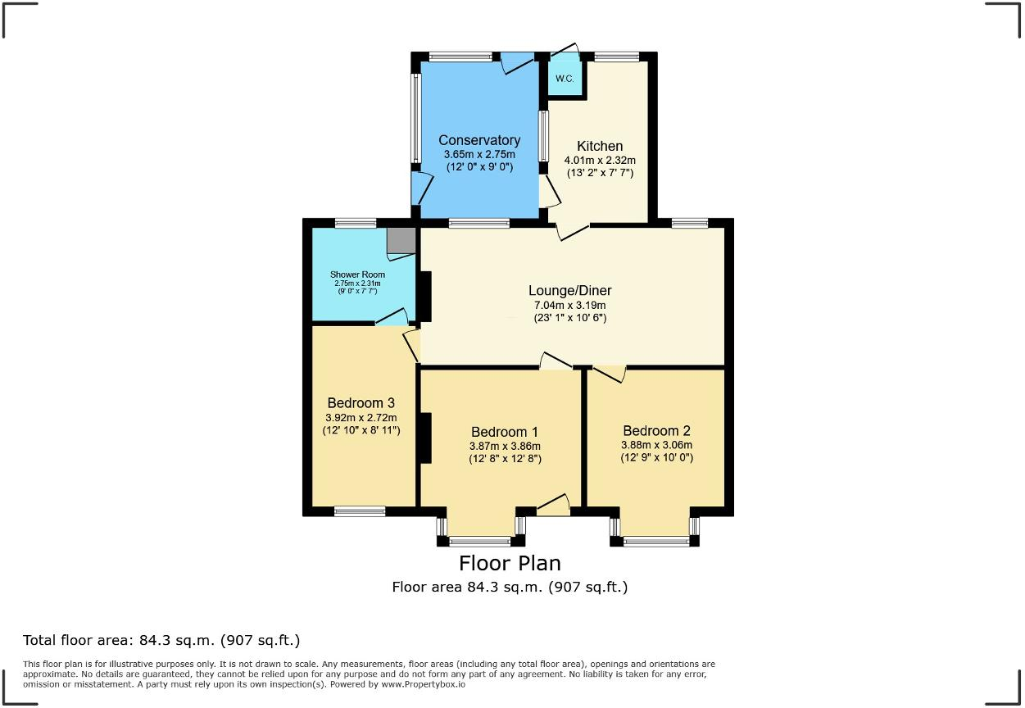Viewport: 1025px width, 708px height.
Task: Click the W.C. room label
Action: click(x=565, y=79)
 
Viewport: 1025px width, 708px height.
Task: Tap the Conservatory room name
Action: click(x=479, y=140)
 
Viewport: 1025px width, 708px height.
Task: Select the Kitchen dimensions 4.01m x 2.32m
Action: click(x=600, y=161)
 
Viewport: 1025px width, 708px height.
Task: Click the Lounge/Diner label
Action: click(x=569, y=290)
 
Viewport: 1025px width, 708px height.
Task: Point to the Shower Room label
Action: click(x=357, y=275)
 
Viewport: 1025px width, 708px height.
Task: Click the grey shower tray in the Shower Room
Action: click(x=401, y=240)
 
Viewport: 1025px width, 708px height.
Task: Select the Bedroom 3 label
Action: click(x=361, y=402)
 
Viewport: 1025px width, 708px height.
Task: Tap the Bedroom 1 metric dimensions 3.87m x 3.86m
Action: click(x=504, y=446)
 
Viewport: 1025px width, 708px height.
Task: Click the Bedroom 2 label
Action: click(x=656, y=431)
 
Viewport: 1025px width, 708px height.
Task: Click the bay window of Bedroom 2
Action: click(x=655, y=541)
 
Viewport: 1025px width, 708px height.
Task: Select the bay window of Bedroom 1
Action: click(x=480, y=541)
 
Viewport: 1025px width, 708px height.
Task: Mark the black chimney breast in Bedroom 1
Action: click(x=425, y=438)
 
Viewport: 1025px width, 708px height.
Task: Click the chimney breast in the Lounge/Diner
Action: click(x=425, y=295)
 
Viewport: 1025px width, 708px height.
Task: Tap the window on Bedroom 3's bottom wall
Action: click(x=360, y=511)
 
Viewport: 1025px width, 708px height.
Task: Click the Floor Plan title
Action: click(x=510, y=564)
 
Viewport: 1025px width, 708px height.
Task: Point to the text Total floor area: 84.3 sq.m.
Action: click(x=161, y=640)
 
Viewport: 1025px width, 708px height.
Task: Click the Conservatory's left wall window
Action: click(x=415, y=119)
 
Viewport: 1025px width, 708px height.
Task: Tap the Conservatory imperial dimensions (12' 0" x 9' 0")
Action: click(x=479, y=166)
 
